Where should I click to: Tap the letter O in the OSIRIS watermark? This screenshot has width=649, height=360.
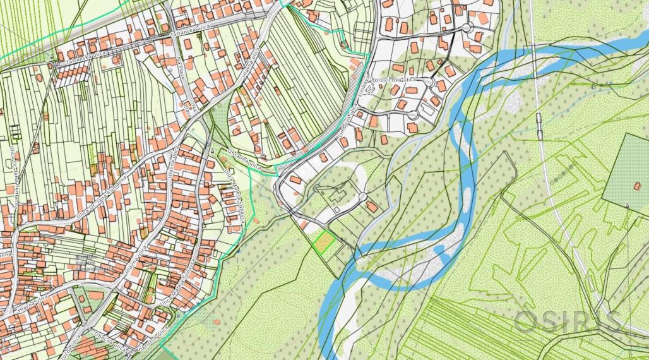pos(525,321)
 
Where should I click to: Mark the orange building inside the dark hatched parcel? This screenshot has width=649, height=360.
pos(635,187)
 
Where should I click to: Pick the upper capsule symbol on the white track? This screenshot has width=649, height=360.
pos(540,118)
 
